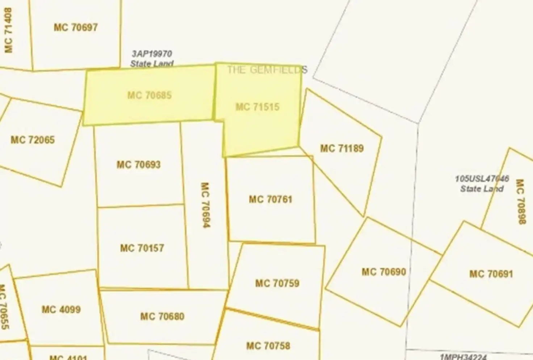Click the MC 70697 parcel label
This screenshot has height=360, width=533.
[x=76, y=27]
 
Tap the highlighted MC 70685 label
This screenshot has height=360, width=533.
[x=149, y=95]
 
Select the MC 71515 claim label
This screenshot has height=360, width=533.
[x=257, y=107]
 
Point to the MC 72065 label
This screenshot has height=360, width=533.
[x=33, y=140]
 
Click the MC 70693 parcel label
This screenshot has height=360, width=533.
[x=138, y=165]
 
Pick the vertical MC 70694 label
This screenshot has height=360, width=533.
[x=205, y=205]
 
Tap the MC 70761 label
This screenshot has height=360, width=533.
[x=270, y=199]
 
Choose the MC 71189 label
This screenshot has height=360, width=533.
[x=342, y=148]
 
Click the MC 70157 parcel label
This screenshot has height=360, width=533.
[x=142, y=248]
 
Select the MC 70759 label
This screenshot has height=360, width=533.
[x=277, y=283]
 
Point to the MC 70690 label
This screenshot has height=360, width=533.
[x=384, y=272]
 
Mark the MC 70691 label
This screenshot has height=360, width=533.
[x=491, y=274]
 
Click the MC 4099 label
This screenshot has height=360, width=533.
[x=61, y=310]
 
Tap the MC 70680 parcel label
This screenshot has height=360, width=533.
[x=162, y=317]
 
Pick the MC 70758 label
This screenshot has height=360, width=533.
[x=268, y=346]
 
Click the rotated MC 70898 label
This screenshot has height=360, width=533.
[x=520, y=201]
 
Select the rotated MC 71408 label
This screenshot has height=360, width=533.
[x=8, y=30]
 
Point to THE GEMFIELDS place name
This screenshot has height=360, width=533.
[x=267, y=70]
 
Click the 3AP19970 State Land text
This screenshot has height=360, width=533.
[x=152, y=59]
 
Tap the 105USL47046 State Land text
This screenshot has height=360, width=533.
[x=482, y=184]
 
